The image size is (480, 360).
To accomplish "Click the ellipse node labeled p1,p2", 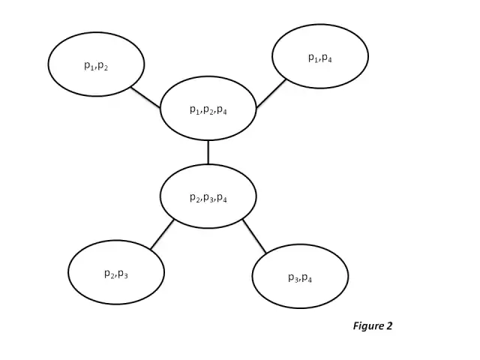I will point(96,64).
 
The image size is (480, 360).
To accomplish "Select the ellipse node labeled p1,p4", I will point(320,56).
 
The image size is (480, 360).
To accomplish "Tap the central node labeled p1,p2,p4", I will point(208,109).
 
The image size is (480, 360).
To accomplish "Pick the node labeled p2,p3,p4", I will point(208,196).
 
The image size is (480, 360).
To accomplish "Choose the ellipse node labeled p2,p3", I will point(115,272).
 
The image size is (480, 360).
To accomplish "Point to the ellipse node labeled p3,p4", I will point(300,276).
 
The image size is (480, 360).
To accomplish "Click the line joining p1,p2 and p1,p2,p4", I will point(145,97).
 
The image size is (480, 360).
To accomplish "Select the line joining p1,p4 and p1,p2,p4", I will point(271,94).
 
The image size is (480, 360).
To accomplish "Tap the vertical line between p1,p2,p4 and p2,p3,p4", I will point(208,152).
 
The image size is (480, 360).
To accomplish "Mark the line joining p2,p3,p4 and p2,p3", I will point(162,234).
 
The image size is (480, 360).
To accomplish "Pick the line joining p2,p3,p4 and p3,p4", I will point(254,236).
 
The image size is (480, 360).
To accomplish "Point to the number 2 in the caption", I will point(389,325).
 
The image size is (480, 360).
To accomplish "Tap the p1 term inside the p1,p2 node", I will point(88,65).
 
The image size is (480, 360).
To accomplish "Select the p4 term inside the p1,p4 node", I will point(327,58).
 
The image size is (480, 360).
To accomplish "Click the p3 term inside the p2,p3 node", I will point(122,274).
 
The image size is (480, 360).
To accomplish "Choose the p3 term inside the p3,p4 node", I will point(292,277).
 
